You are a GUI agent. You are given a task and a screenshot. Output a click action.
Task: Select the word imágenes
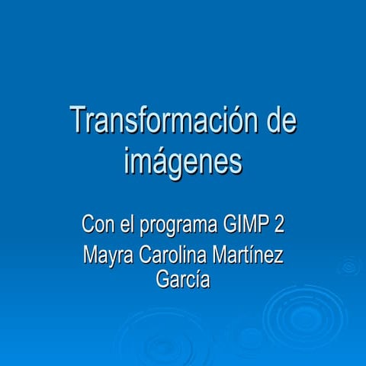point(182,161)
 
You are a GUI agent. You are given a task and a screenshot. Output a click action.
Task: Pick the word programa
point(178,227)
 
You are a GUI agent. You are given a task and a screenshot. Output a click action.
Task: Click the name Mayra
point(107,255)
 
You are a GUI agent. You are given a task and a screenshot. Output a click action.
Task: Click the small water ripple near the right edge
point(349,266)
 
